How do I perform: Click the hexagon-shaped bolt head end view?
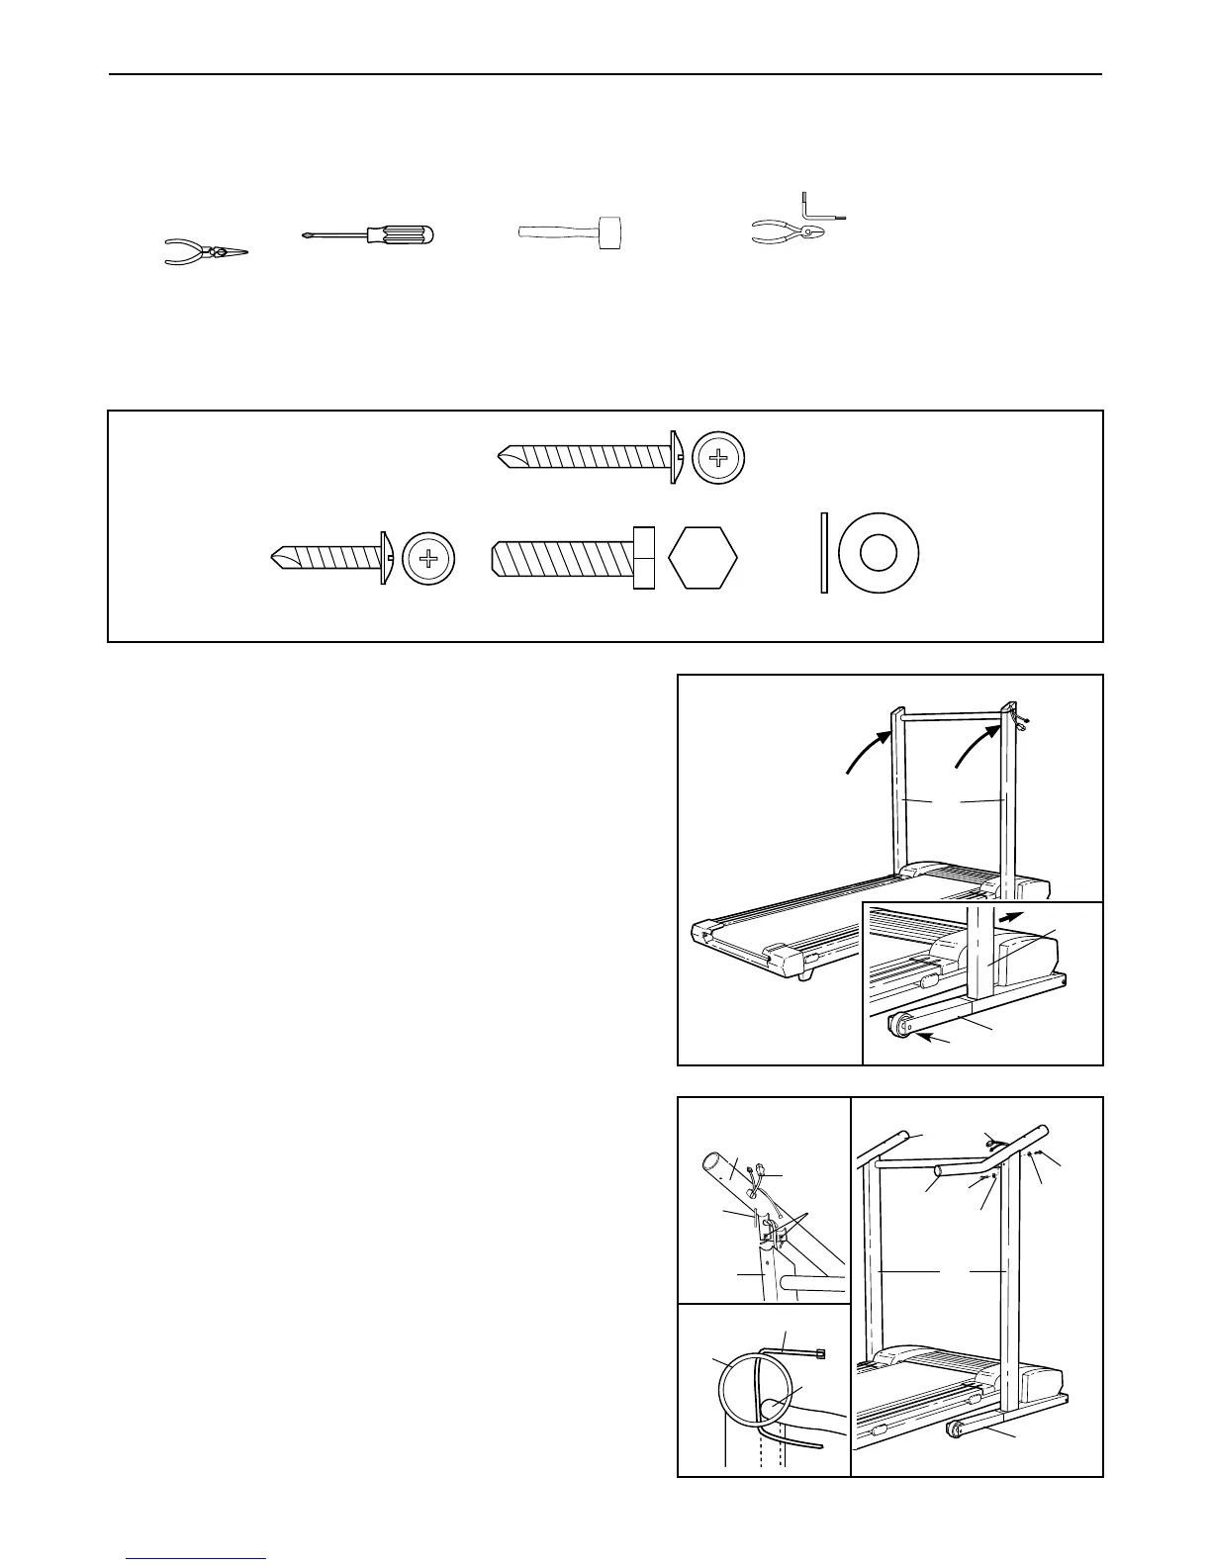[702, 559]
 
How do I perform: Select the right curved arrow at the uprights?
[974, 744]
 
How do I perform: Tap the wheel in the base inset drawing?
[901, 1026]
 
